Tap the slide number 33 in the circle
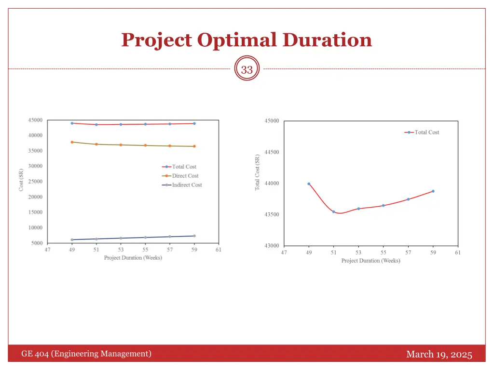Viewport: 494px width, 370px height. tap(247, 70)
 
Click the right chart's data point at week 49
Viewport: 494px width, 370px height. tap(309, 184)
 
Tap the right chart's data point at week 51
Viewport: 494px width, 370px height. tap(333, 211)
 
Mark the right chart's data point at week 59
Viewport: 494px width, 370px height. tap(433, 191)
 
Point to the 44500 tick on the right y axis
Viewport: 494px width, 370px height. tap(272, 152)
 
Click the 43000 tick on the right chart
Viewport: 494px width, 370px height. tap(272, 246)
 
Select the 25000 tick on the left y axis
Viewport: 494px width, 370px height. tap(35, 182)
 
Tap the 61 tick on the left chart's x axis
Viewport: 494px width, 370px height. tap(219, 250)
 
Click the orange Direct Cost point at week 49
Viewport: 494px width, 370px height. tap(72, 142)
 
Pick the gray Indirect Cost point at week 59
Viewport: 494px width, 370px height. tap(194, 236)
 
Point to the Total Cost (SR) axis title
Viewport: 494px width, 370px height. tap(257, 172)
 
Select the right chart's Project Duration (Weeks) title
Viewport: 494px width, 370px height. tap(370, 261)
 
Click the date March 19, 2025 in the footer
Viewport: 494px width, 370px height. tap(439, 355)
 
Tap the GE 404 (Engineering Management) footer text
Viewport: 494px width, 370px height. tap(86, 354)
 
